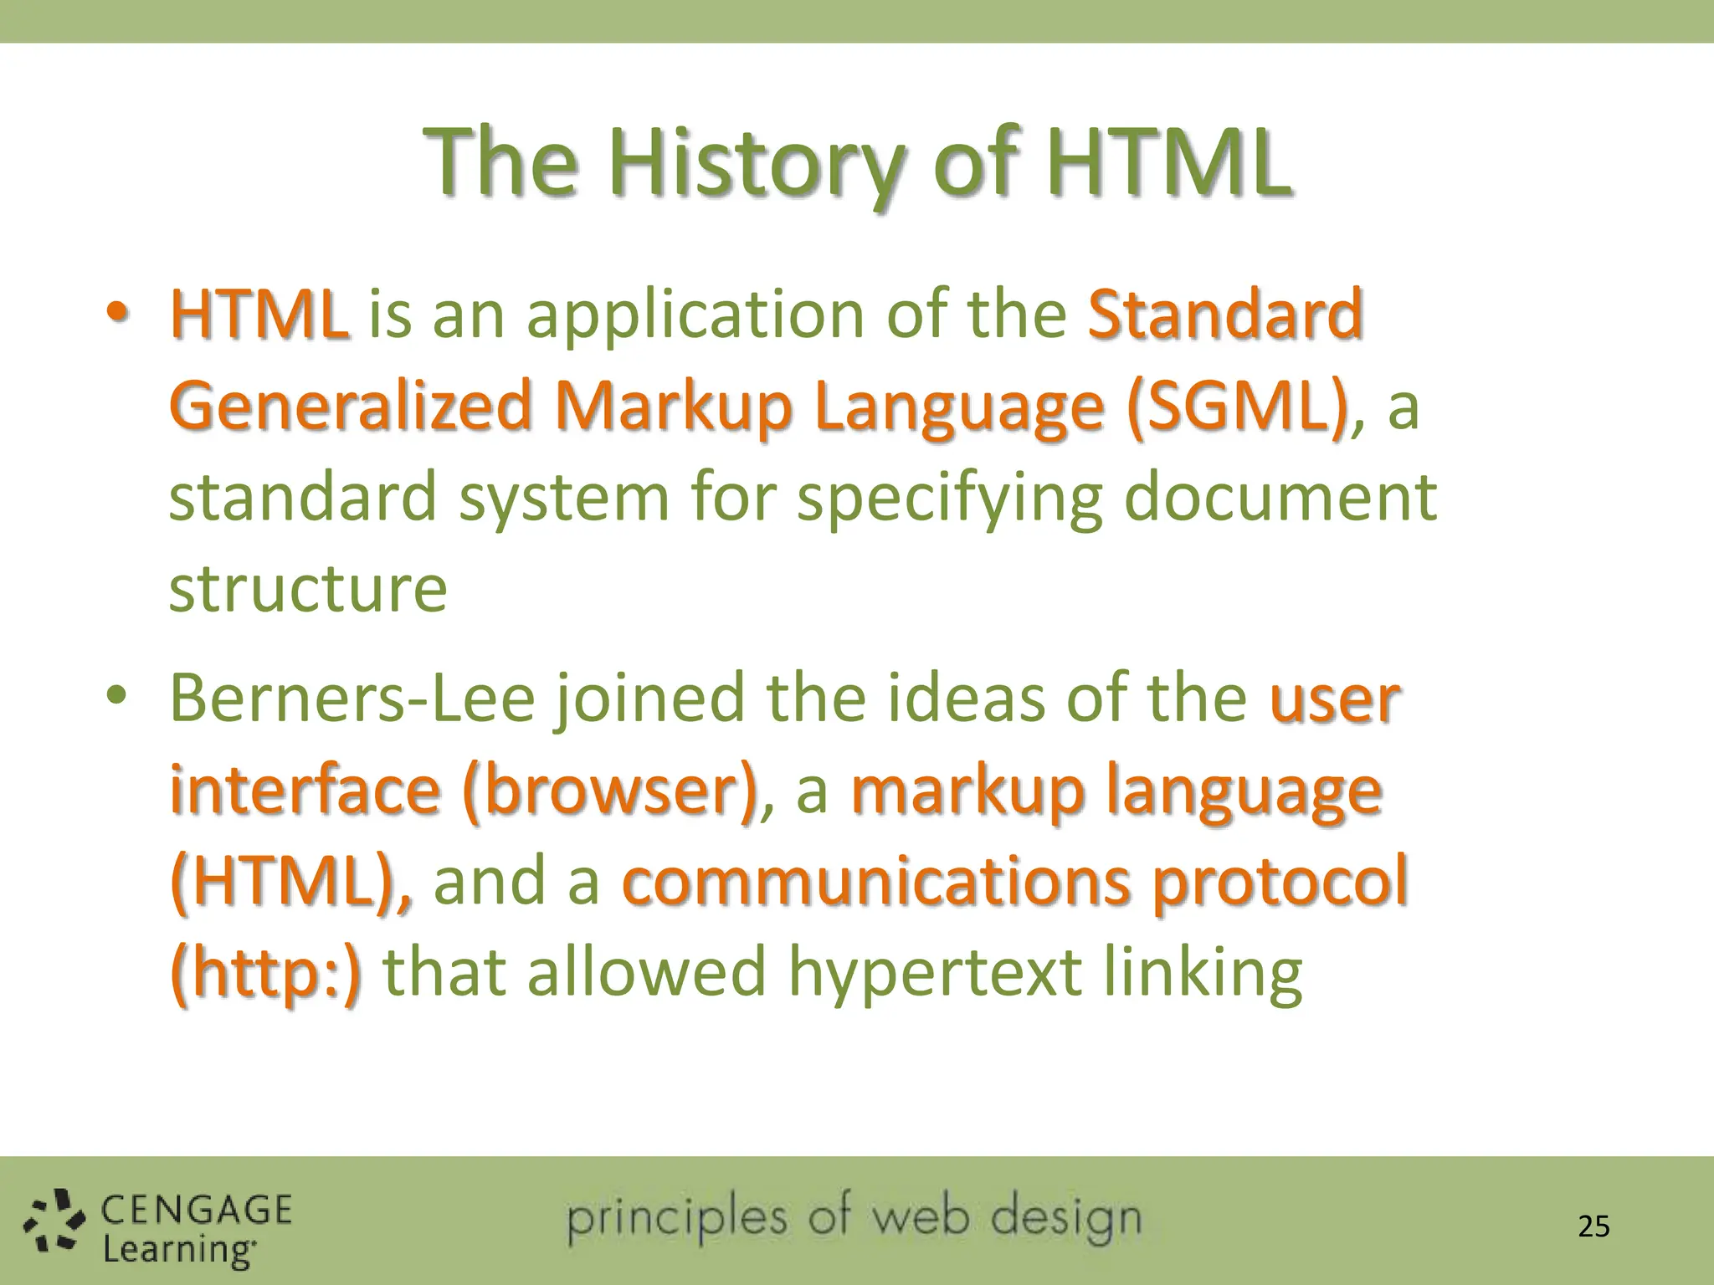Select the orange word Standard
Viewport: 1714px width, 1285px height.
coord(1225,315)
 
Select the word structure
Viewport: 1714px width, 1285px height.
coord(308,589)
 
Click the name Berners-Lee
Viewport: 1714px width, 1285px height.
coord(352,699)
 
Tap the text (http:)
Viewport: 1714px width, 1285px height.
coord(266,974)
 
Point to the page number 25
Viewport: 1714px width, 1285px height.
coord(1593,1226)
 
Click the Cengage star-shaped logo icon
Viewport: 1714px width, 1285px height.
coord(54,1221)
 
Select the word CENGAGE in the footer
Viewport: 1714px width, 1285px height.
coord(197,1210)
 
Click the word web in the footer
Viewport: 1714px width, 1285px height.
coord(921,1218)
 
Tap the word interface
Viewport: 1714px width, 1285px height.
coord(305,791)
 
